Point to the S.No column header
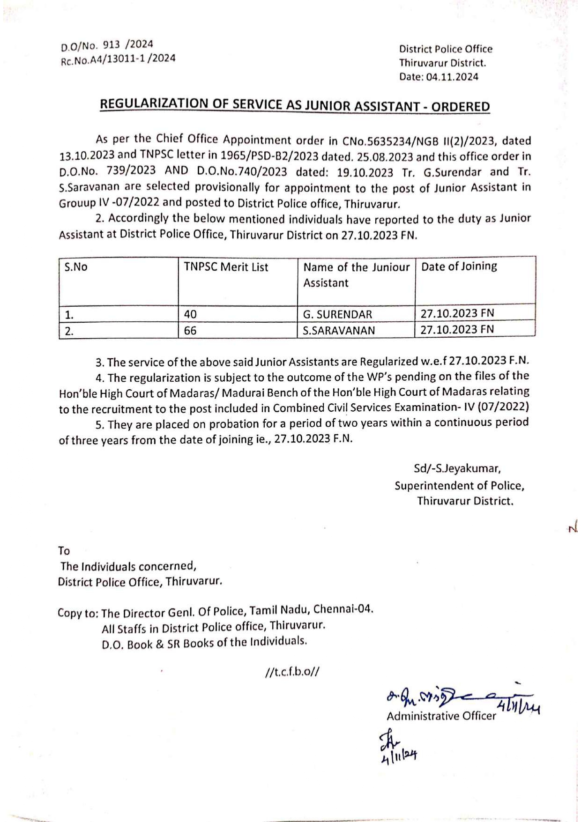tap(76, 267)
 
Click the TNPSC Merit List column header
tap(226, 267)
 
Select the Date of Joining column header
tap(459, 267)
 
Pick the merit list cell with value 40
tap(190, 314)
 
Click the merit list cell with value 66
tap(190, 331)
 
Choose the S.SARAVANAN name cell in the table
tap(339, 331)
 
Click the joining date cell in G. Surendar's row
tap(457, 313)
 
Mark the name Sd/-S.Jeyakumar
tap(457, 468)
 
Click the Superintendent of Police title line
tap(459, 486)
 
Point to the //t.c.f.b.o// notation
tap(292, 673)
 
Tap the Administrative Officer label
tap(441, 716)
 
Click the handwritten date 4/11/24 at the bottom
tap(399, 755)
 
